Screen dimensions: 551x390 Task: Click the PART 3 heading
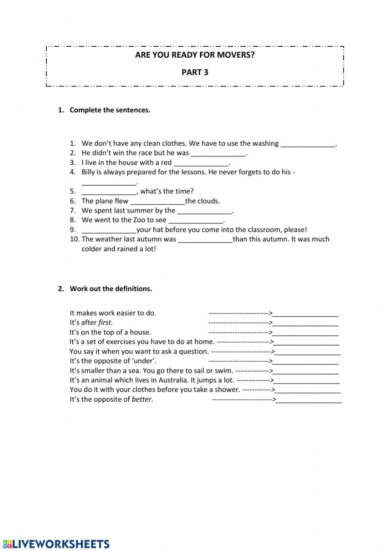[195, 72]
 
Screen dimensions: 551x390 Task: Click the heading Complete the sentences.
[110, 110]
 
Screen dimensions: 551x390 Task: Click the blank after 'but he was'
[218, 154]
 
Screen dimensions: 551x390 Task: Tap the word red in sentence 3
[166, 163]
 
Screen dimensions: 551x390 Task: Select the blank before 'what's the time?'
[109, 192]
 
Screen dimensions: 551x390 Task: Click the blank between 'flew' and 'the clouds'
[158, 202]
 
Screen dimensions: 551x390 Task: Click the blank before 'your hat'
[109, 230]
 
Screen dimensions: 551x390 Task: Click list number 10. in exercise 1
[74, 239]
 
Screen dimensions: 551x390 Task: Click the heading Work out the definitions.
[111, 289]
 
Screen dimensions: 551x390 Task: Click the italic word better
[142, 399]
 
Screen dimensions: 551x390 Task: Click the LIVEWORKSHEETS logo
[57, 544]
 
